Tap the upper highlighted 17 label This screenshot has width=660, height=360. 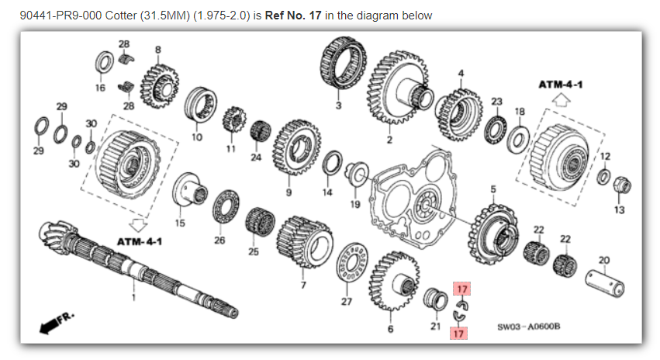click(462, 289)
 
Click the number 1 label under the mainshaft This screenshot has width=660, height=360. click(133, 297)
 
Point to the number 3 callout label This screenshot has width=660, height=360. click(337, 106)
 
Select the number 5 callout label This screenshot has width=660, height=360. click(492, 189)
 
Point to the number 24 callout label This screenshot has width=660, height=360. click(256, 157)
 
